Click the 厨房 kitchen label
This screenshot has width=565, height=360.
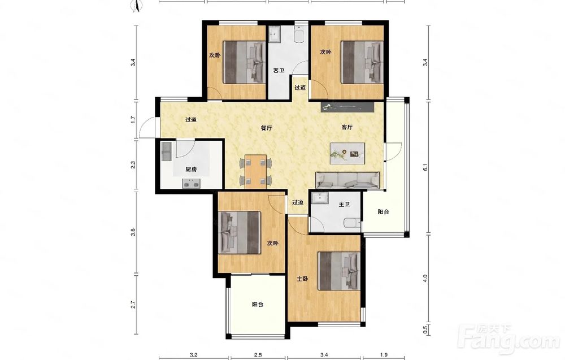click(x=191, y=170)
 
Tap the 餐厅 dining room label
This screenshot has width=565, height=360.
click(x=266, y=128)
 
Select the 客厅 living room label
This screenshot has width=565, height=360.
click(x=347, y=127)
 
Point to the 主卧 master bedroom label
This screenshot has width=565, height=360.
click(x=302, y=279)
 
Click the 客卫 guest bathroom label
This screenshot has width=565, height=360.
click(x=279, y=71)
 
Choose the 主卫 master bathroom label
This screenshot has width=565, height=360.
click(x=345, y=205)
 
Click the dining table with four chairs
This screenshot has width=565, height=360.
click(x=255, y=172)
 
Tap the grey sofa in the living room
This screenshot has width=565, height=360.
click(x=347, y=180)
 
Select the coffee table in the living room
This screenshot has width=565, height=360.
click(x=347, y=154)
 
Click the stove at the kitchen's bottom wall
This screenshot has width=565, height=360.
click(x=191, y=184)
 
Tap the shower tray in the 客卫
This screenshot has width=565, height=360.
click(x=275, y=34)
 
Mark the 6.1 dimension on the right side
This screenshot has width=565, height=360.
click(x=425, y=168)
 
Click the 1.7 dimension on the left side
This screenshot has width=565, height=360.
click(x=133, y=119)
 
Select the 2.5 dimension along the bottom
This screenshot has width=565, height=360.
click(x=258, y=355)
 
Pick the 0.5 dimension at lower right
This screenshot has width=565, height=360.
click(x=425, y=329)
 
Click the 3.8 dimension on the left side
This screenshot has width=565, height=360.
click(x=133, y=232)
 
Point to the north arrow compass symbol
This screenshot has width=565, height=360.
click(x=138, y=5)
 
